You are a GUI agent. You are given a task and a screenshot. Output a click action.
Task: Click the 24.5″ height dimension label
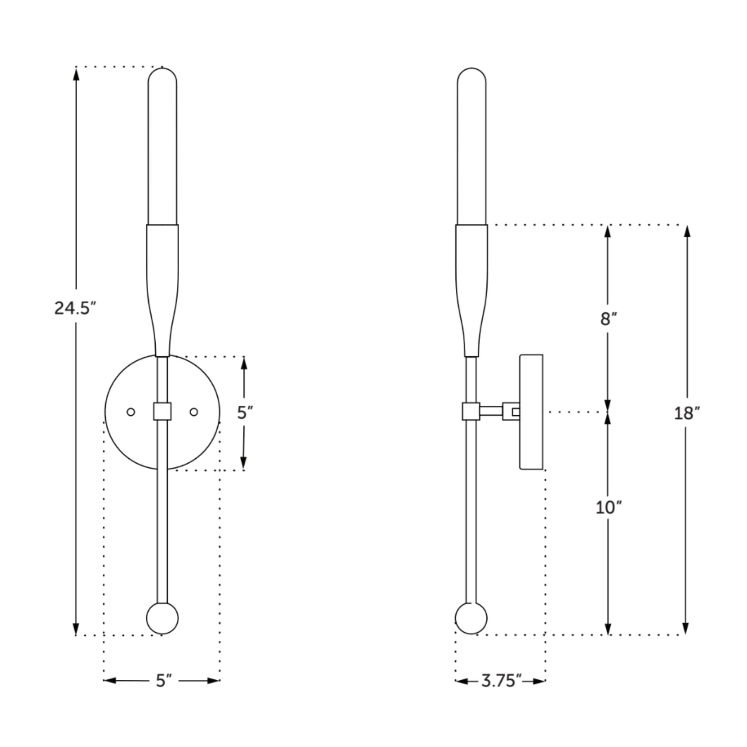click(75, 308)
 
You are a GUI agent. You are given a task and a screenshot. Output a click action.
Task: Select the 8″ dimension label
click(608, 319)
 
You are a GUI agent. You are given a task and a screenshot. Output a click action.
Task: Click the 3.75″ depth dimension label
click(501, 681)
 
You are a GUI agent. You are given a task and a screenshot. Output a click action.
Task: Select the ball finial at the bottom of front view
click(162, 618)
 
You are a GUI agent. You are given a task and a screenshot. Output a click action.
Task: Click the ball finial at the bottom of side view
click(471, 618)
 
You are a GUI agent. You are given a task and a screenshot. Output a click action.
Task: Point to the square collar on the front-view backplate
click(162, 411)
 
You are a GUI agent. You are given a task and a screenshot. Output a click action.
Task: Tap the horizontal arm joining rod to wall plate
click(491, 411)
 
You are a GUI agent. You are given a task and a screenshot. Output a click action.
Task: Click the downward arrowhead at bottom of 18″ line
click(686, 628)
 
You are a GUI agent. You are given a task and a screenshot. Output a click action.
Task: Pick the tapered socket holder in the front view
click(162, 286)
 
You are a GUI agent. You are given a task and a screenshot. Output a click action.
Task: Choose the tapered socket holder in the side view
click(472, 286)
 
